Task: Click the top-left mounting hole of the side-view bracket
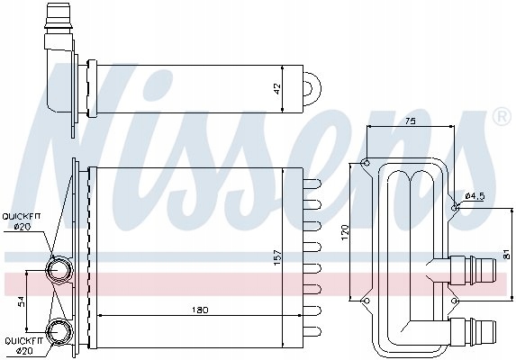[365, 163]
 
